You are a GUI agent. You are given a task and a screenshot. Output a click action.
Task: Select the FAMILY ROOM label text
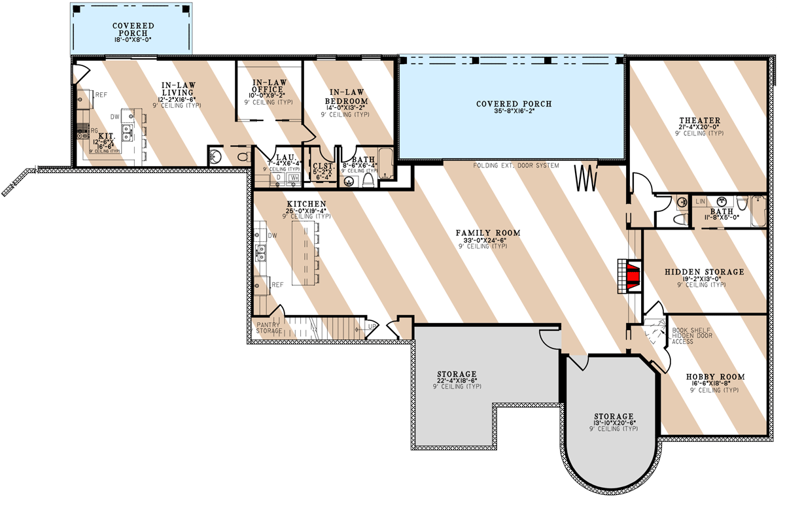point(488,233)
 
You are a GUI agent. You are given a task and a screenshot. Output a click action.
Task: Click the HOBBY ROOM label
point(715,377)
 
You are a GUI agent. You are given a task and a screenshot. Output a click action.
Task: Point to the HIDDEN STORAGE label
point(704,272)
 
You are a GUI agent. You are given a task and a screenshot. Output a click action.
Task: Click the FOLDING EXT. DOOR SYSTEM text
point(517,166)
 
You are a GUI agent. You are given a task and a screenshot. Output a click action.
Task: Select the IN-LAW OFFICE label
point(268,86)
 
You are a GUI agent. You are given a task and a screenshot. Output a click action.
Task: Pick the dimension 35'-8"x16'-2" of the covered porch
point(514,112)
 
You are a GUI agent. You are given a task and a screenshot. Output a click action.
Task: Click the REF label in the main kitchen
point(277,285)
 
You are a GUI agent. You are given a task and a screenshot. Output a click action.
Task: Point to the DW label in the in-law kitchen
point(114,117)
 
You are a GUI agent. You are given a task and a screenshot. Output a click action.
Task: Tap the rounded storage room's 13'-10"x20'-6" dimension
point(614,423)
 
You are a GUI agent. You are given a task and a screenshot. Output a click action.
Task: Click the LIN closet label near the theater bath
point(700,201)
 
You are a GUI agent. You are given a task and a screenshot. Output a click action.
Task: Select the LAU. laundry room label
point(283,158)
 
